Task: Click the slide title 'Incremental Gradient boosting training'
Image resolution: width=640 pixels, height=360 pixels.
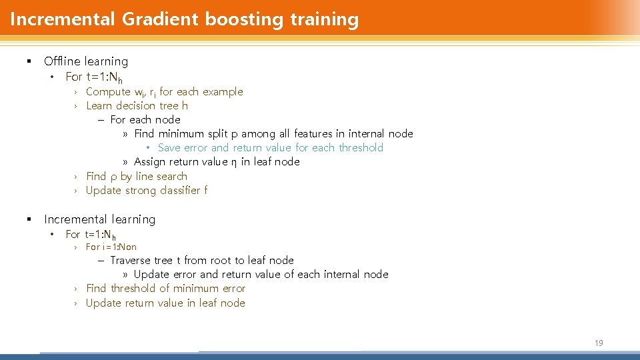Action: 184,19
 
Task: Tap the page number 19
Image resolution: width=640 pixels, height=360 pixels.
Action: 598,343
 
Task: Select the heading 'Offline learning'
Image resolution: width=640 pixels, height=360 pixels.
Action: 85,61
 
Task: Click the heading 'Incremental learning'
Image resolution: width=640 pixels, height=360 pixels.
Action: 99,219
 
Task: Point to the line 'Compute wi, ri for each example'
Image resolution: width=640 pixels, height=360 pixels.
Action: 164,92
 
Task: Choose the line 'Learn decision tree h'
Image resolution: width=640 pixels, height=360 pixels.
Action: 137,106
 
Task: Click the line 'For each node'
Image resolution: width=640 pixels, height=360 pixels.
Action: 145,120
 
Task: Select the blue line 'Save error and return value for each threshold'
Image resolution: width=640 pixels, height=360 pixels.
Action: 270,148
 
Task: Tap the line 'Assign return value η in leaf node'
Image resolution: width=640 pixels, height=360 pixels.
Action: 217,162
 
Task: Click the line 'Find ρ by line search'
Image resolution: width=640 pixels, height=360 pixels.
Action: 136,177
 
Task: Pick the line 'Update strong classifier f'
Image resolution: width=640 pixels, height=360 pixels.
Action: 147,191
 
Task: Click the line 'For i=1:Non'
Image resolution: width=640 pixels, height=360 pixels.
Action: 111,247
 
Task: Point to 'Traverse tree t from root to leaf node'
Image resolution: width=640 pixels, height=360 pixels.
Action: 201,261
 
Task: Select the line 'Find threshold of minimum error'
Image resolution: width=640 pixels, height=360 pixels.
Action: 165,289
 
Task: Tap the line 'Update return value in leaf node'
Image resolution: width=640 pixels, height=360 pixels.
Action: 165,303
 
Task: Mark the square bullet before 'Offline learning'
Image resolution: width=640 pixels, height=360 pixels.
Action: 29,61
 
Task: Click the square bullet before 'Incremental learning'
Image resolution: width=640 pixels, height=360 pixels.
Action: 29,219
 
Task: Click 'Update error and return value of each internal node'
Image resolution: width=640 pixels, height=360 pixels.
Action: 261,275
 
